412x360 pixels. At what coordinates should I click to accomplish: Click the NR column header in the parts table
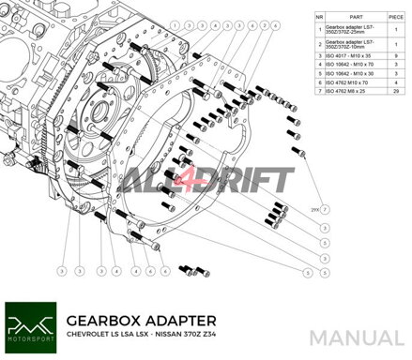[320, 15]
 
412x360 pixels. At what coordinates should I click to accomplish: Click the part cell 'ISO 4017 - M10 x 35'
[352, 55]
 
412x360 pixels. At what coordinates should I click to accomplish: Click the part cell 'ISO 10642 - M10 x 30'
[352, 74]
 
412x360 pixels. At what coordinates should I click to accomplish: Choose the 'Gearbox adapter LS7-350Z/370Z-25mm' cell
[352, 29]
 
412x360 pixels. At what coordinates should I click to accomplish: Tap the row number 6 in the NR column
[320, 83]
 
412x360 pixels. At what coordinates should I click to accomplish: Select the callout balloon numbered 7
[325, 210]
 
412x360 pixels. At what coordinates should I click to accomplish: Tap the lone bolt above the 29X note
[302, 152]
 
